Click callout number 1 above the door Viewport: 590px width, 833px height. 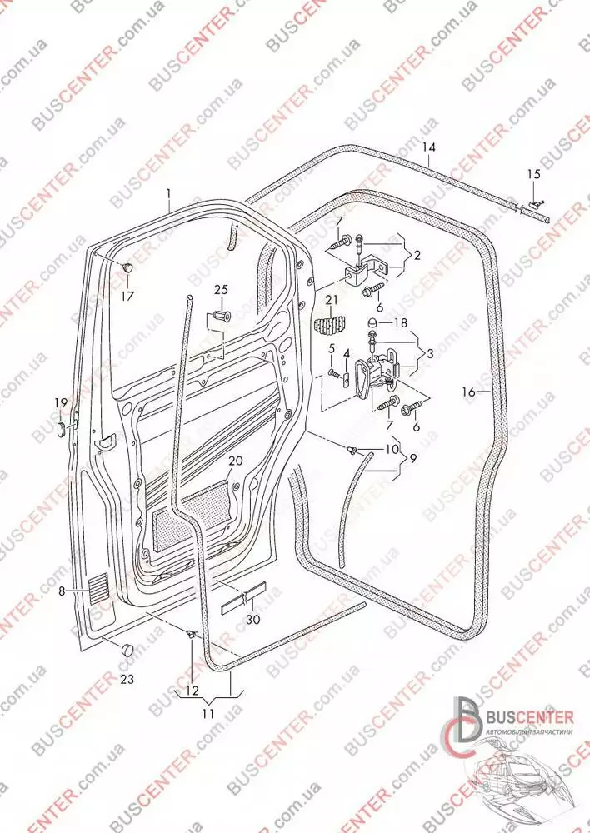[167, 197]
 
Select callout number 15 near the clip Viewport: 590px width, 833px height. [533, 174]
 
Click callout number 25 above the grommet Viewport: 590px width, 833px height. [220, 289]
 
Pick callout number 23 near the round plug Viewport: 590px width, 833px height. [126, 679]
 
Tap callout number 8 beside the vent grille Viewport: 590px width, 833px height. [62, 591]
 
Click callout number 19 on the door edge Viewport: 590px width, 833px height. [61, 404]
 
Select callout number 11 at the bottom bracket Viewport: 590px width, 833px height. [207, 714]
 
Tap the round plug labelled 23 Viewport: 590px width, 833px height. [127, 648]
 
